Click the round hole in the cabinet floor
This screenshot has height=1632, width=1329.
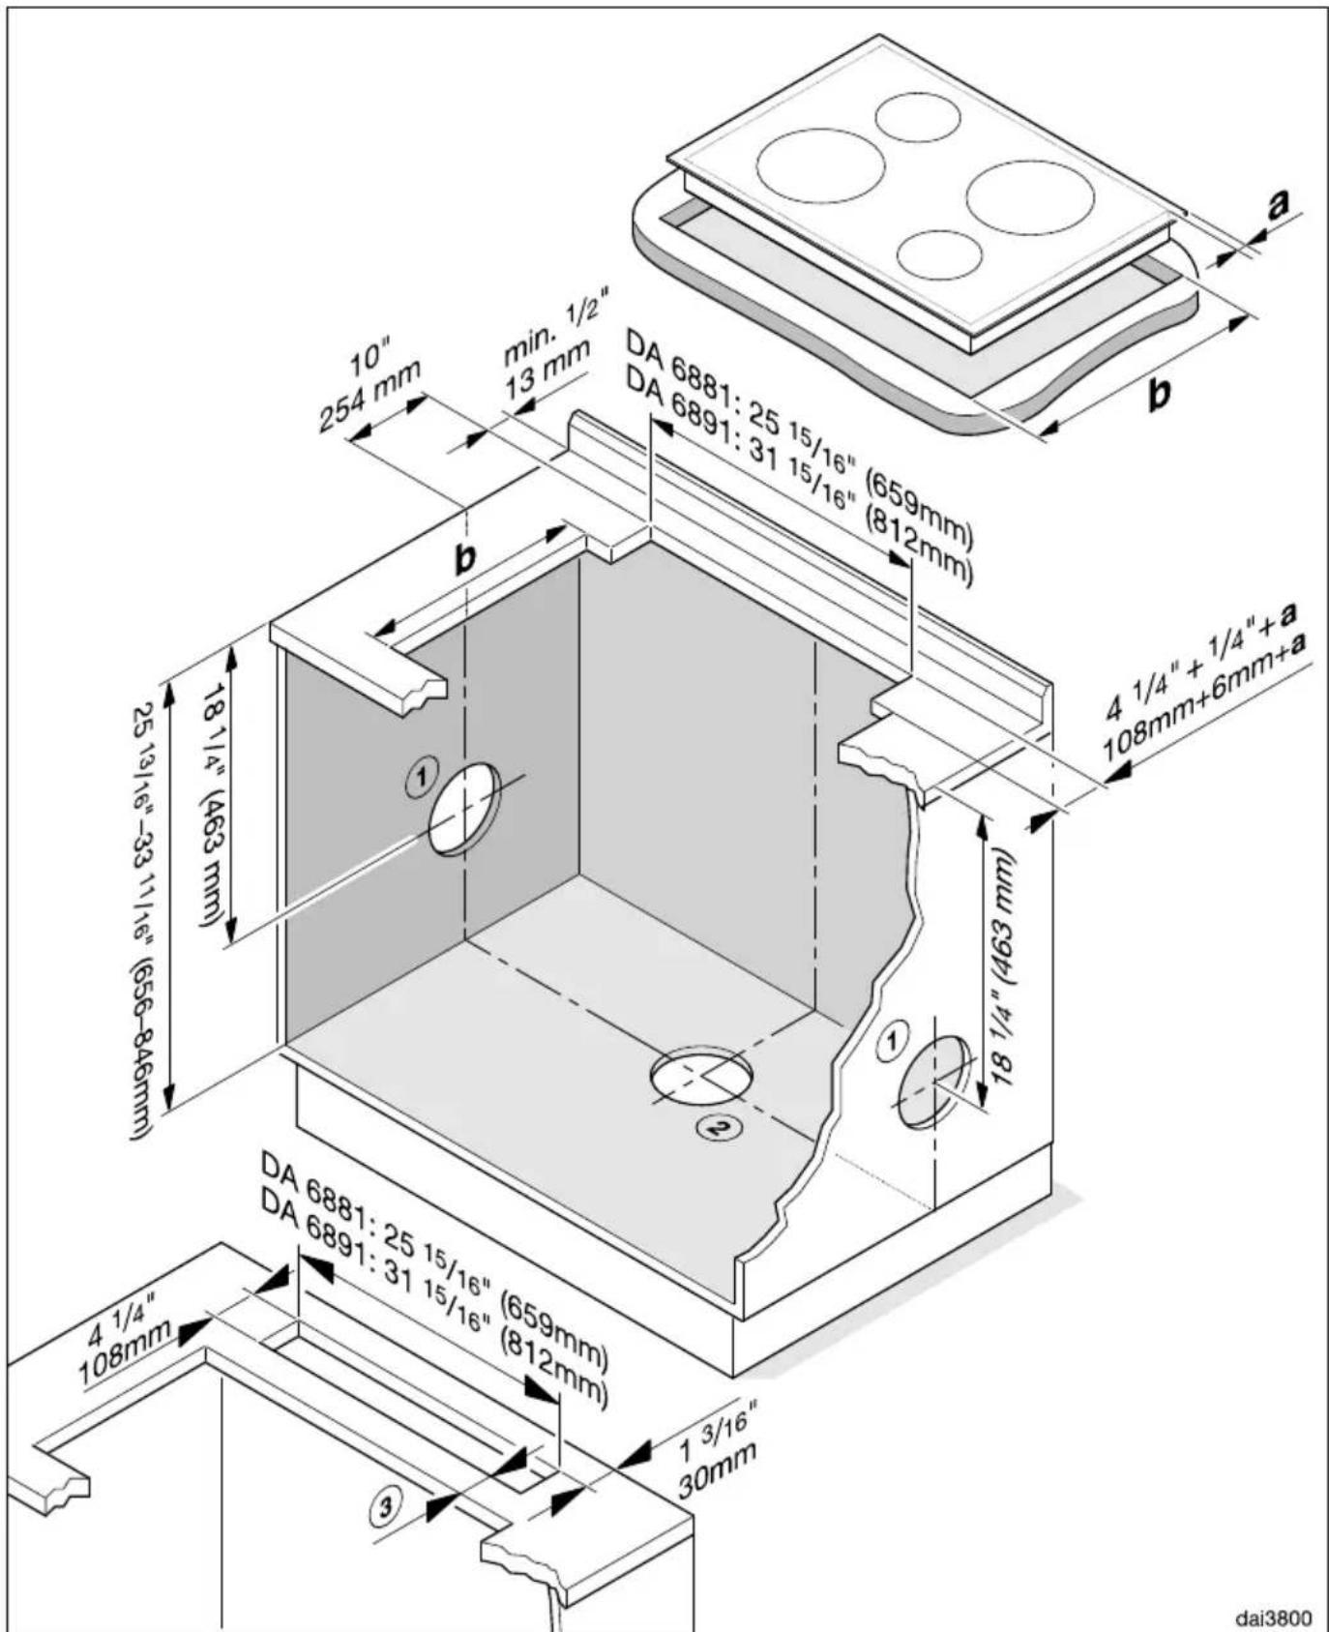[x=701, y=1074]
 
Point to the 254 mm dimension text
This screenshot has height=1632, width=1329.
[x=370, y=396]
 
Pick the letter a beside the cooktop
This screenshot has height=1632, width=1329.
[x=1278, y=204]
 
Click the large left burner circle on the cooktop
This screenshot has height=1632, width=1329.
[x=820, y=166]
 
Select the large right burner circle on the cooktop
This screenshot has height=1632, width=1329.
[x=1030, y=197]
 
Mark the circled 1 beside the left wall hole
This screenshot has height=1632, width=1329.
[x=421, y=779]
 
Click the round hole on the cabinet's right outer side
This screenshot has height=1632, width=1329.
[x=933, y=1082]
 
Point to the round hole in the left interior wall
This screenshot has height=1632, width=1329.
[x=465, y=809]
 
